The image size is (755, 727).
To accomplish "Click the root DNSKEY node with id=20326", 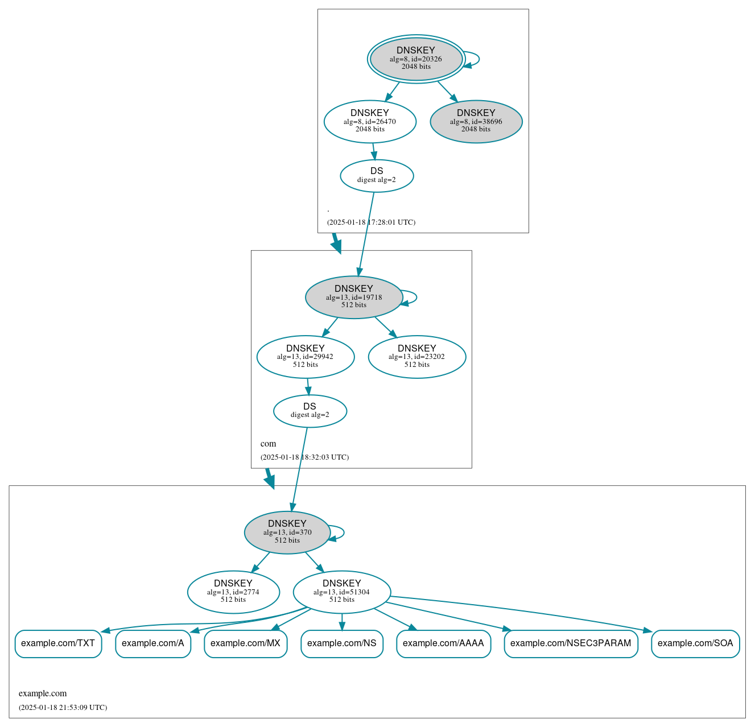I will pyautogui.click(x=416, y=59).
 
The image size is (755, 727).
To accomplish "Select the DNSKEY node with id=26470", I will pyautogui.click(x=370, y=121).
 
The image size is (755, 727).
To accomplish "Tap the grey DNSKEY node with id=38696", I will pyautogui.click(x=476, y=121).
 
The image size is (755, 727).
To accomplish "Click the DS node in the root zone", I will pyautogui.click(x=377, y=176).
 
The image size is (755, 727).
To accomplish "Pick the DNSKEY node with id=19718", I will pyautogui.click(x=354, y=297).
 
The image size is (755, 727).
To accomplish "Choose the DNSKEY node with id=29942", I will pyautogui.click(x=306, y=357).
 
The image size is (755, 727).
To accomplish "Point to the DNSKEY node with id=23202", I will pyautogui.click(x=417, y=357).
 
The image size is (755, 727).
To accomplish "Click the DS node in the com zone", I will pyautogui.click(x=310, y=411).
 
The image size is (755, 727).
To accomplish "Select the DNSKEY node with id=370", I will pyautogui.click(x=287, y=532).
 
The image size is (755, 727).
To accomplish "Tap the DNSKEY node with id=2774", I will pyautogui.click(x=233, y=592).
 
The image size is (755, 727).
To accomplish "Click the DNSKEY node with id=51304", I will pyautogui.click(x=342, y=592).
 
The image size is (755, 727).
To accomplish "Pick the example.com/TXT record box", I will pyautogui.click(x=58, y=643).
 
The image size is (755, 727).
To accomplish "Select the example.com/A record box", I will pyautogui.click(x=153, y=643).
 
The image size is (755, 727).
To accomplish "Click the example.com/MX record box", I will pyautogui.click(x=245, y=643).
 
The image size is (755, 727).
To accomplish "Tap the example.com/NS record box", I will pyautogui.click(x=342, y=643).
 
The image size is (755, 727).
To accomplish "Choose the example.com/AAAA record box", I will pyautogui.click(x=443, y=643).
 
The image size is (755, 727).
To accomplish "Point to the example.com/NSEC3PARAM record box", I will pyautogui.click(x=571, y=643).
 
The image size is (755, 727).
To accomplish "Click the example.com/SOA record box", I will pyautogui.click(x=695, y=643).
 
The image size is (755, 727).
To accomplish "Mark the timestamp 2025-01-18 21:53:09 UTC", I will pyautogui.click(x=63, y=708).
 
